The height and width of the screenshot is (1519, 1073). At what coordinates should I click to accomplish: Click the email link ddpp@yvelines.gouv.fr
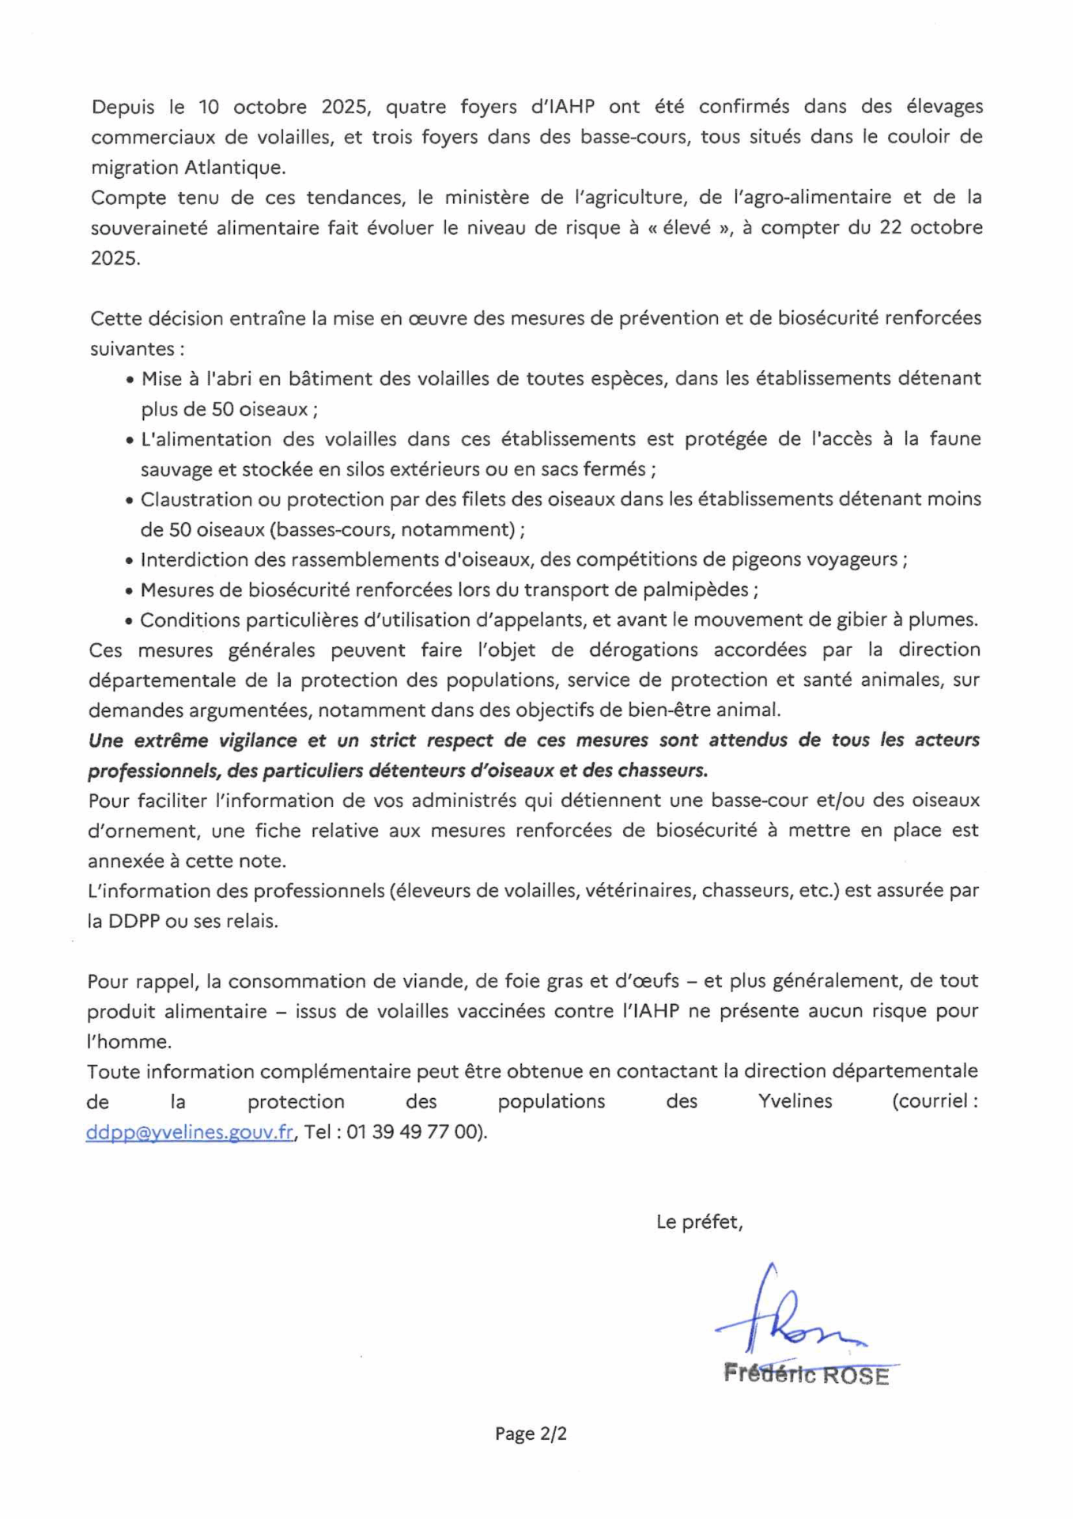point(190,1132)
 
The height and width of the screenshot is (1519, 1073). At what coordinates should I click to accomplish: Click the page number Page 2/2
point(531,1434)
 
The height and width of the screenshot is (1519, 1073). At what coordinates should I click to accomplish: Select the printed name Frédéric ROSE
point(806,1375)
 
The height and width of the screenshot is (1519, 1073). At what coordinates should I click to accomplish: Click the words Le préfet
point(698,1222)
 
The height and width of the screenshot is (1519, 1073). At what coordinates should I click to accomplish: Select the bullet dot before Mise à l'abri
point(130,380)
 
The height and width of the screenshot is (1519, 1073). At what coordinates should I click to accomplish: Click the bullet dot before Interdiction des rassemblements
point(130,561)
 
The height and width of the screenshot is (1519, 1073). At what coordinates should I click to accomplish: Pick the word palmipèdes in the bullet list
point(704,590)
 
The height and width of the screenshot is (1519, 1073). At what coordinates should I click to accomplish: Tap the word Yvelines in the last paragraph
point(795,1101)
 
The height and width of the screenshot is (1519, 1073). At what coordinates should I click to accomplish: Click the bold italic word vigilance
point(246,741)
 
